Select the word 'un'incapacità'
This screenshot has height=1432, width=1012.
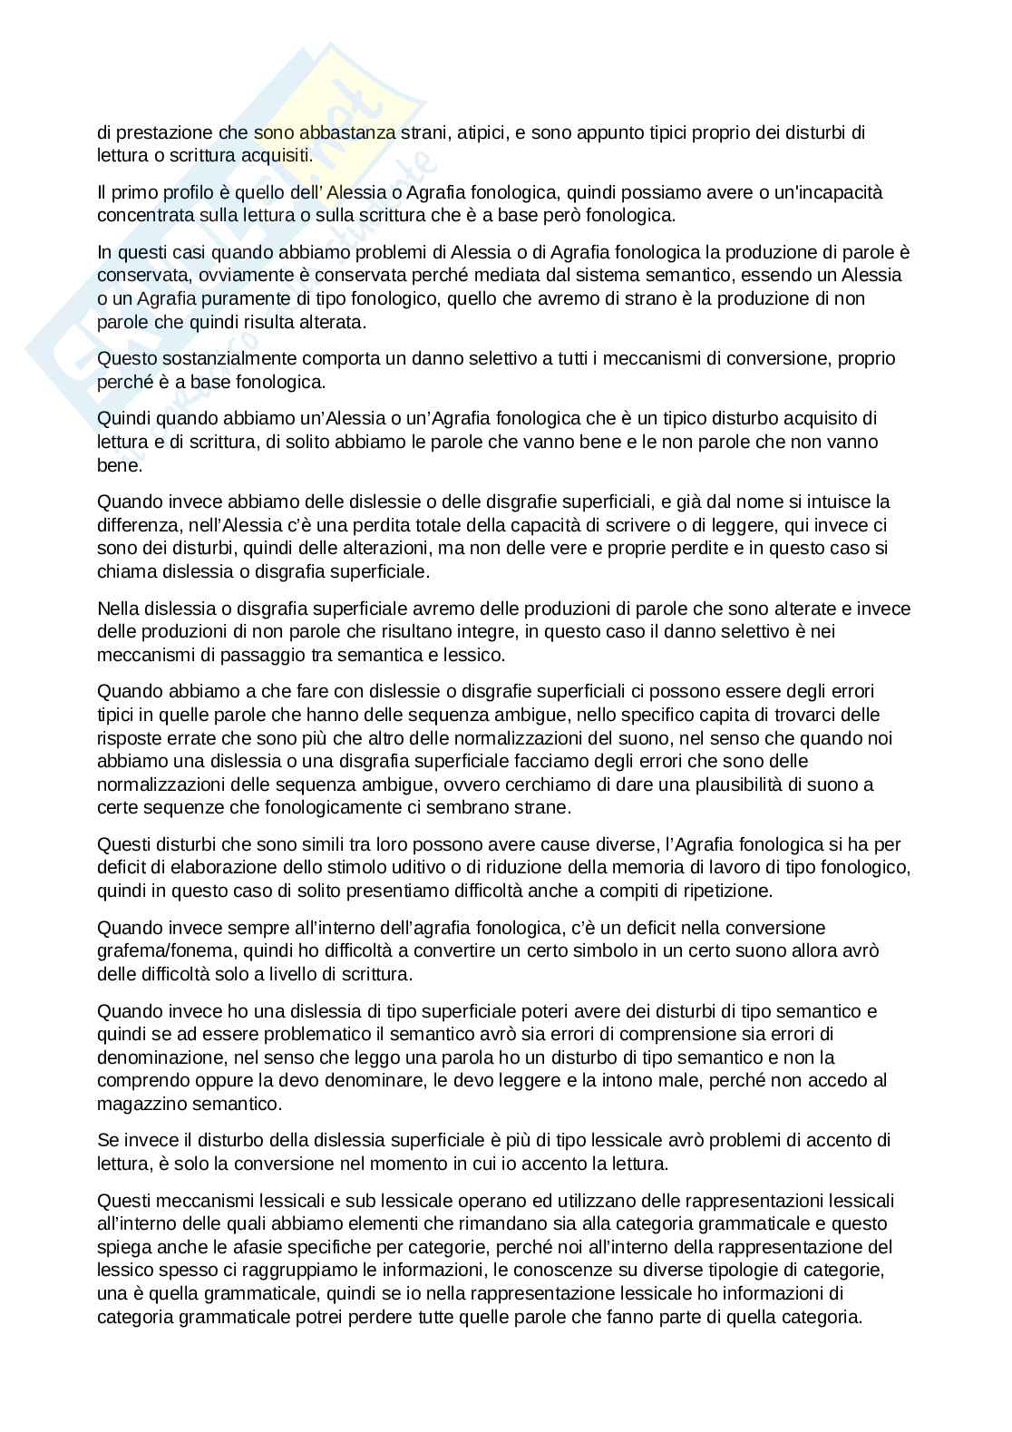[x=834, y=192]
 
